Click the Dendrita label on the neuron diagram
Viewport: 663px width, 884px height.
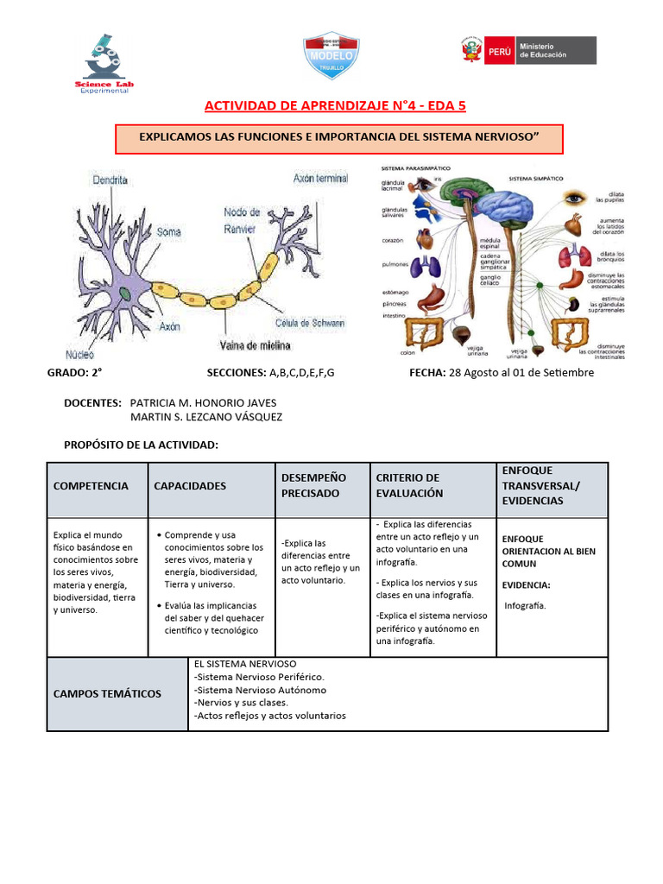pyautogui.click(x=110, y=180)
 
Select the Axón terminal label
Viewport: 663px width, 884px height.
pyautogui.click(x=320, y=179)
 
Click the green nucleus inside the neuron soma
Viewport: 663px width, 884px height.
pyautogui.click(x=127, y=294)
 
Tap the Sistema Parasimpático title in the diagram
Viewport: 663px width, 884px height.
pyautogui.click(x=410, y=168)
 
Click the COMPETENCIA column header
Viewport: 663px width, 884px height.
pyautogui.click(x=91, y=486)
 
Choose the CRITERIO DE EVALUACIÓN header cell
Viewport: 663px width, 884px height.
pyautogui.click(x=408, y=485)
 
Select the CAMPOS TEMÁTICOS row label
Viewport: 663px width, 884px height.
pyautogui.click(x=107, y=694)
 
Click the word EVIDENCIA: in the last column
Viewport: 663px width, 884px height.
pyautogui.click(x=526, y=585)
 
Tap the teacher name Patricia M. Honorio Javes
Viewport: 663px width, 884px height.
pyautogui.click(x=203, y=403)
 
